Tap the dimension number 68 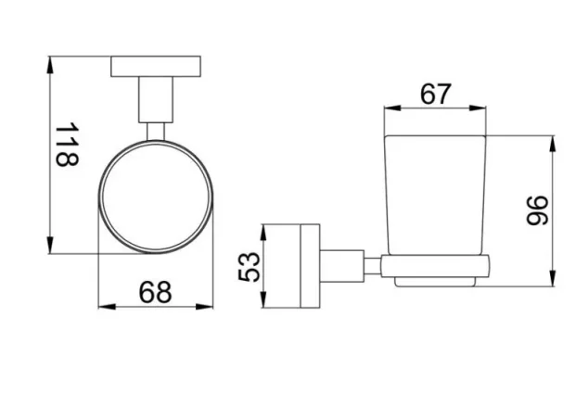(x=156, y=292)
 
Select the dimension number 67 (x=436, y=94)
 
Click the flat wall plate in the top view (x=155, y=67)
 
